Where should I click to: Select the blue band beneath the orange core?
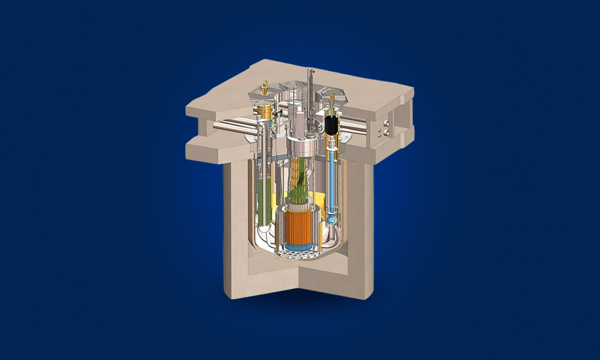pos(300,248)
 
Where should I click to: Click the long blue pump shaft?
pos(332,180)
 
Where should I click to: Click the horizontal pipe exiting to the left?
pos(231,125)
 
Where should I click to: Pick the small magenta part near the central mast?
pos(305,111)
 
